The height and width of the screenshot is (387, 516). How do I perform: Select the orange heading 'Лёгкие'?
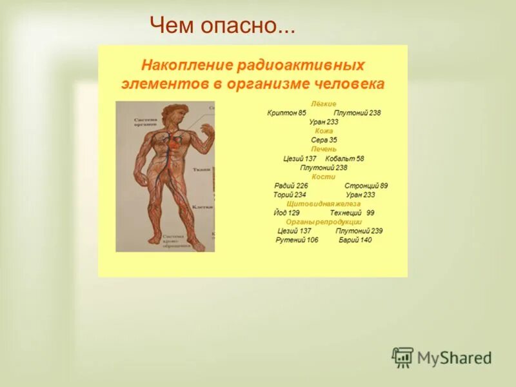click(x=324, y=103)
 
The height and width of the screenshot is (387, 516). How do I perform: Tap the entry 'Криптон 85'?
click(x=287, y=112)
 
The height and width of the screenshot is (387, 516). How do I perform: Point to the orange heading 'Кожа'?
click(x=324, y=130)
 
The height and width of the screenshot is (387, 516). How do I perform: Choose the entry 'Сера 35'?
click(x=324, y=139)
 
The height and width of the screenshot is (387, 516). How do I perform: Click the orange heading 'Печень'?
click(x=324, y=149)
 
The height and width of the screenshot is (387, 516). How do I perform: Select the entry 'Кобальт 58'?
click(x=344, y=158)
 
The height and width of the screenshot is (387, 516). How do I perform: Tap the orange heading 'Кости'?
click(x=324, y=176)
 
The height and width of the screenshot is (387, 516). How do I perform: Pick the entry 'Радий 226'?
click(x=291, y=185)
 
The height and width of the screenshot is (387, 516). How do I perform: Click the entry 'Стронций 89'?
click(x=366, y=185)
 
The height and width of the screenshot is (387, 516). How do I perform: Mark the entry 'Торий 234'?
click(x=290, y=194)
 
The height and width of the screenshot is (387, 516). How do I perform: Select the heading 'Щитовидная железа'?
click(x=324, y=203)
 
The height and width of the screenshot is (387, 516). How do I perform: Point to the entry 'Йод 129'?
click(x=286, y=212)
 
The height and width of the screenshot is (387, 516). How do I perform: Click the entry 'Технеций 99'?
click(x=352, y=212)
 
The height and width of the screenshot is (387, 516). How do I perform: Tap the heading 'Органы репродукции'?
click(x=324, y=221)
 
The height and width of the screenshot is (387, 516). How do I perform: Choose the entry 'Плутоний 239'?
click(x=359, y=230)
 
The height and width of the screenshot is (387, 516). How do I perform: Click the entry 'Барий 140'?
click(x=355, y=240)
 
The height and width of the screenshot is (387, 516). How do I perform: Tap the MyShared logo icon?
click(x=403, y=357)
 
